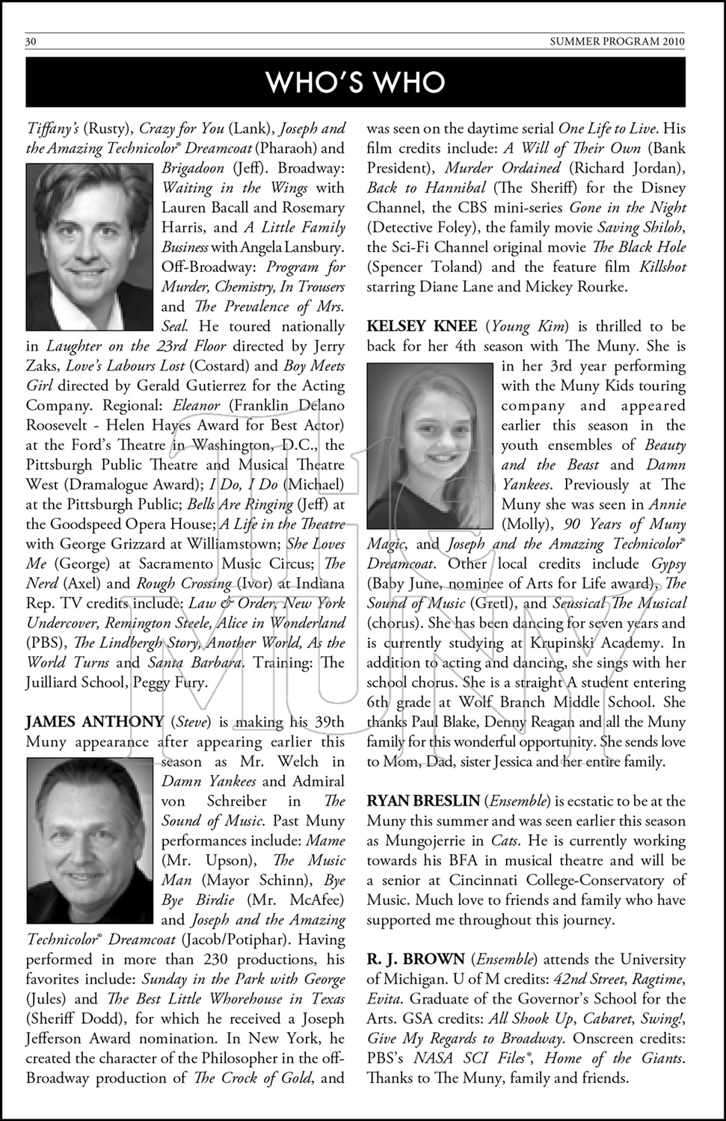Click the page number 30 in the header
tap(31, 42)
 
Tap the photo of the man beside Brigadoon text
tap(91, 248)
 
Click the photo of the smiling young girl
tap(431, 445)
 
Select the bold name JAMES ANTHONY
tap(95, 722)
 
